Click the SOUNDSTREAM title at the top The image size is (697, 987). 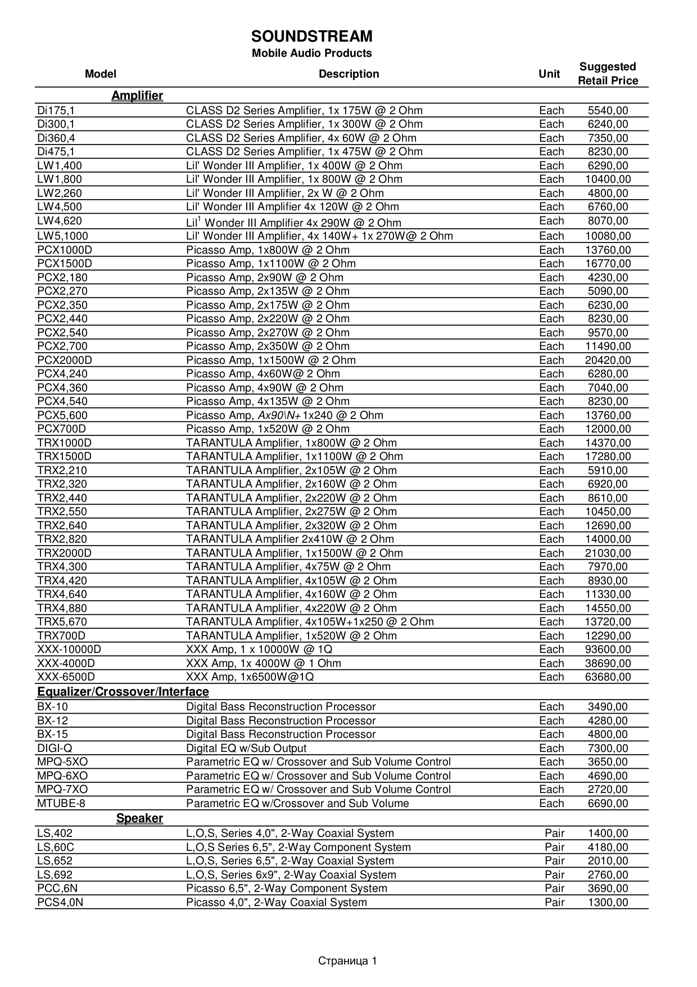[x=311, y=37]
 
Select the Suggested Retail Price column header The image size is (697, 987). [x=608, y=74]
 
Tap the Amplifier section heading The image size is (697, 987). [x=137, y=96]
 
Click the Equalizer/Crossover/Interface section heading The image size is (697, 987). [x=123, y=692]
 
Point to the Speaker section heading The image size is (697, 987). [x=139, y=818]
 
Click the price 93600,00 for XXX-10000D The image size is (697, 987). [x=608, y=650]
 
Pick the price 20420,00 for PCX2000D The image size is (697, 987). [x=608, y=360]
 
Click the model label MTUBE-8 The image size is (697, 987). [x=61, y=803]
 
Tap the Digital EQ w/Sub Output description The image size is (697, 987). [x=246, y=748]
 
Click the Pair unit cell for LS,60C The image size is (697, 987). [x=554, y=847]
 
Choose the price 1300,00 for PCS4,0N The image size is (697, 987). [x=608, y=902]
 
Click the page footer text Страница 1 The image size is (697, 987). [x=347, y=961]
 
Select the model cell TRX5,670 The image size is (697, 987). [x=62, y=621]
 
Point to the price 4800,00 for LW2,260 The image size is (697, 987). [x=608, y=193]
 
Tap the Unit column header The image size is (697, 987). [x=549, y=74]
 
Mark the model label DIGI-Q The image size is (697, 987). [x=55, y=748]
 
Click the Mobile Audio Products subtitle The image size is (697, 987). [x=311, y=53]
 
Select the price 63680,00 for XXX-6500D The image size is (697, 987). [x=608, y=677]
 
